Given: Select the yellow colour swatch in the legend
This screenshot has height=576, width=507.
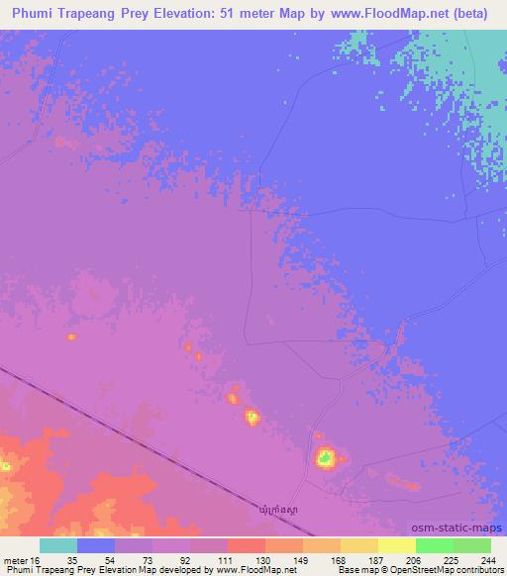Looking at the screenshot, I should (x=396, y=544).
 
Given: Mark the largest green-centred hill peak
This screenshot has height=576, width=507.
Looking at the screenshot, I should (x=325, y=457).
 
